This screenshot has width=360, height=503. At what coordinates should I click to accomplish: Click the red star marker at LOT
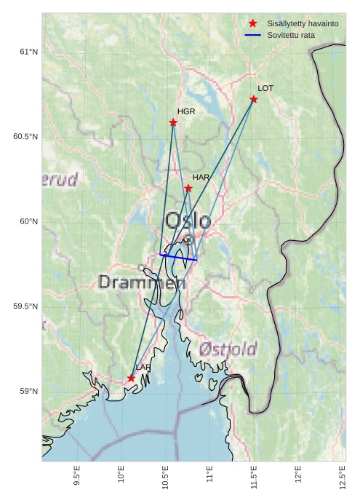254,99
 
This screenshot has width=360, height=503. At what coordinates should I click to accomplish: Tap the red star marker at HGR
173,122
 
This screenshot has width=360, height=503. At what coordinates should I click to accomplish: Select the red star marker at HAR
188,189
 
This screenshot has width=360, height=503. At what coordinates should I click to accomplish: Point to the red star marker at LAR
132,379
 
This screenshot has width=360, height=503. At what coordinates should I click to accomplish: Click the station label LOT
265,88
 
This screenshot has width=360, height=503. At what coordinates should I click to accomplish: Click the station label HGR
186,111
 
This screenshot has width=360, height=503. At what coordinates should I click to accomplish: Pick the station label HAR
201,177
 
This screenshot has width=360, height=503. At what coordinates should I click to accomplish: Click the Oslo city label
188,221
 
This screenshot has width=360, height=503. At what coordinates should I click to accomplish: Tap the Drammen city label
142,282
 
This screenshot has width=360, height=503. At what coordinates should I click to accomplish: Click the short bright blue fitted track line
178,257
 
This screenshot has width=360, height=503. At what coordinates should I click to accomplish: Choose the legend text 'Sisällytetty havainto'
303,23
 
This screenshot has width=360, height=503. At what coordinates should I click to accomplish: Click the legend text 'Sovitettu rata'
291,35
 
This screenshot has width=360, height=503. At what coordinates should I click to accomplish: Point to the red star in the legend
252,23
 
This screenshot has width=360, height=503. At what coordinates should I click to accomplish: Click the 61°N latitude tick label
28,52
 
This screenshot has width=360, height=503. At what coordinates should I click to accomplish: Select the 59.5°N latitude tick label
25,306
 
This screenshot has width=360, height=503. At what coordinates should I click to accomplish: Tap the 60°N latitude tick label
28,222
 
